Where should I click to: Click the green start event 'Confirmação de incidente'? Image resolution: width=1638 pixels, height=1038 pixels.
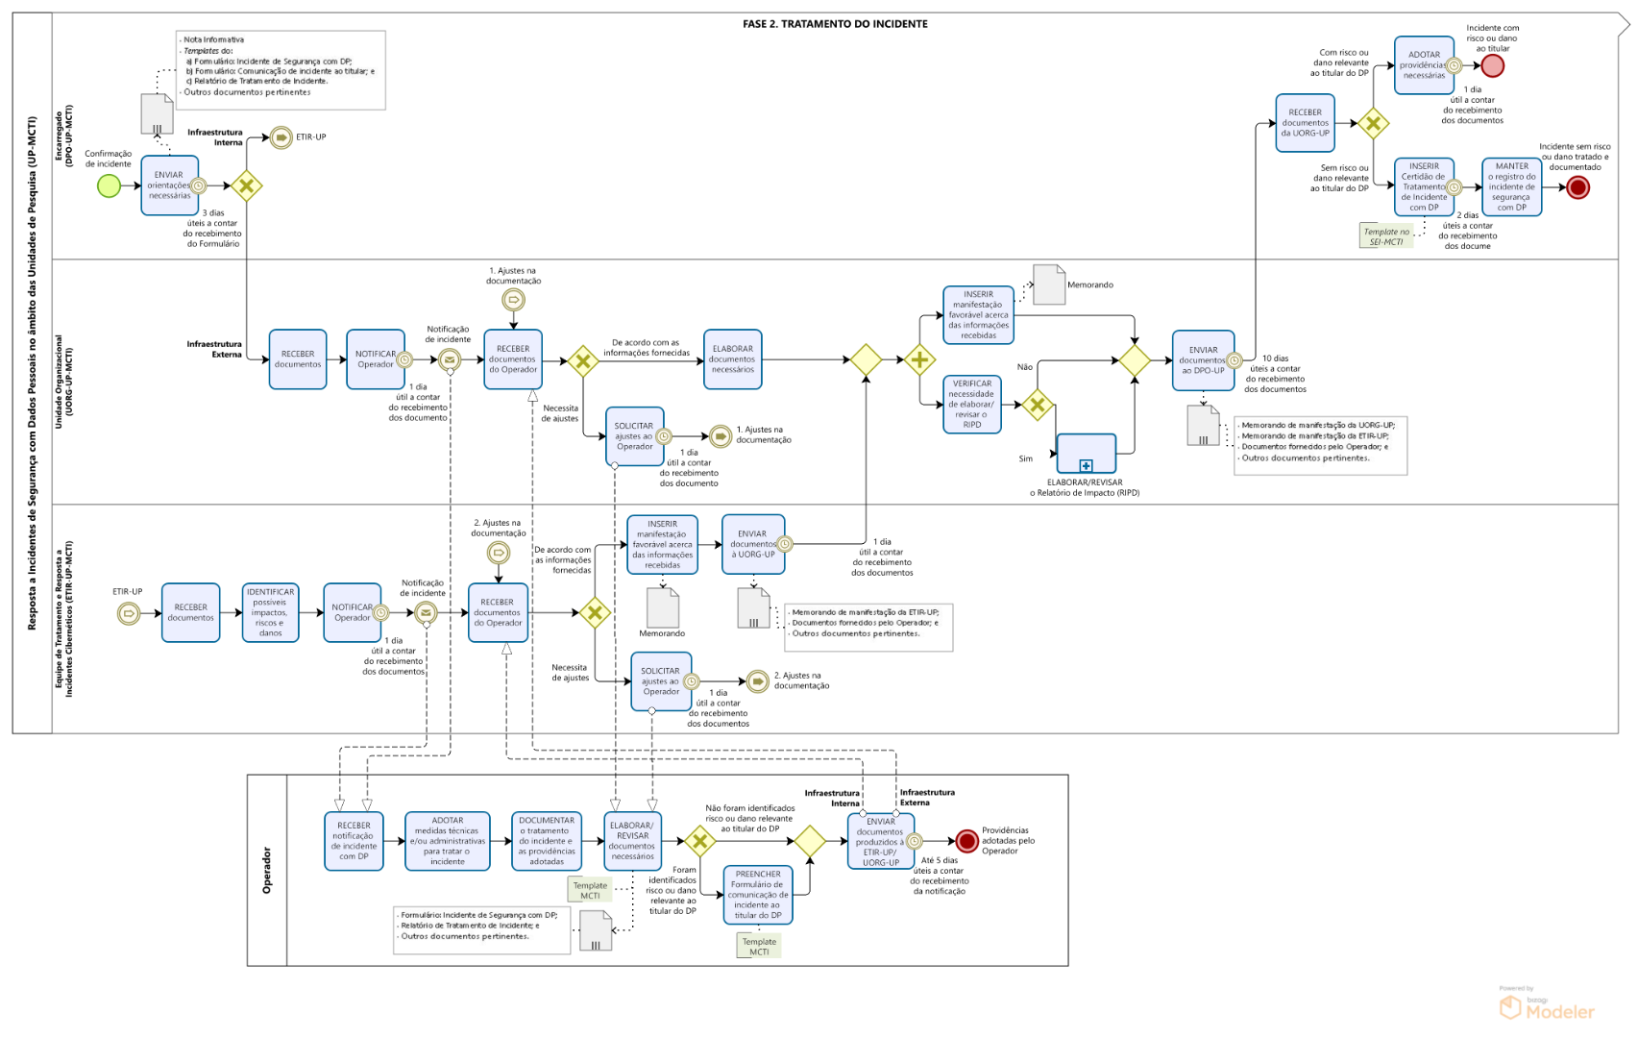110,185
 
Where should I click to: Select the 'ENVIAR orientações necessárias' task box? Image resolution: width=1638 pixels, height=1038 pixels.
169,185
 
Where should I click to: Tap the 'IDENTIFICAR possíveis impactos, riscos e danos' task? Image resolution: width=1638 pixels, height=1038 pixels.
270,612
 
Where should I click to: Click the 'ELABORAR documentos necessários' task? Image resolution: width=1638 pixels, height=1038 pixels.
732,359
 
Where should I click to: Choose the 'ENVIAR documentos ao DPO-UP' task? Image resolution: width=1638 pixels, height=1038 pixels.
1203,360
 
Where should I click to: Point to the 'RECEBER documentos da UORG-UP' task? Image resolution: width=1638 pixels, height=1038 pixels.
1305,123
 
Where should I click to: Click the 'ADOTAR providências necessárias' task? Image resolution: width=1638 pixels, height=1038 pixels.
1424,65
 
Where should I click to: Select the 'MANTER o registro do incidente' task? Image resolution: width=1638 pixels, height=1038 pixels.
1511,186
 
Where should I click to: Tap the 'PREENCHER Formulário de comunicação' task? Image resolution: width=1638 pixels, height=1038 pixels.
757,895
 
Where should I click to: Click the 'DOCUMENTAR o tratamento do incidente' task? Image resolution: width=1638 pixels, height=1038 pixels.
547,841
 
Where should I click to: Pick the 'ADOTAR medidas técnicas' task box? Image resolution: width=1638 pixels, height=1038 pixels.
448,841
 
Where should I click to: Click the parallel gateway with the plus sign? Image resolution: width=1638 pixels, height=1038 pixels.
919,360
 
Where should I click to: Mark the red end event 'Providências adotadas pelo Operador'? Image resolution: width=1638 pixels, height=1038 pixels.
966,841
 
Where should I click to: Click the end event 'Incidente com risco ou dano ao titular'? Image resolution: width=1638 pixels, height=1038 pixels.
1492,66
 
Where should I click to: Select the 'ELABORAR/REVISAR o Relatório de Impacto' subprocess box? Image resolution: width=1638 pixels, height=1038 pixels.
1086,453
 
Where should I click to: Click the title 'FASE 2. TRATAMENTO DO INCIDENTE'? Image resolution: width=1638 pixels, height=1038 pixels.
835,24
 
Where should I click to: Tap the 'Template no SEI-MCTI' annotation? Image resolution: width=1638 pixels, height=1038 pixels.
1386,236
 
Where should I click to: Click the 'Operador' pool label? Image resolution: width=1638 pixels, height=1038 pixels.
267,870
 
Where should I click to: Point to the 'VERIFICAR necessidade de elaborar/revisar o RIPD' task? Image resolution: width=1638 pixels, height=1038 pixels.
971,404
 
